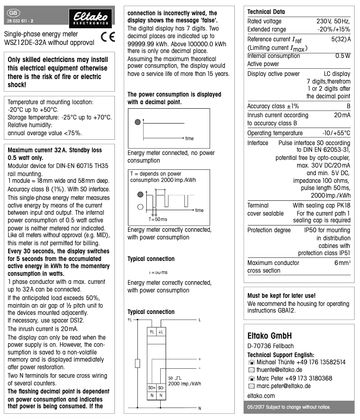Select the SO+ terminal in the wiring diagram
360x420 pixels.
[152, 387]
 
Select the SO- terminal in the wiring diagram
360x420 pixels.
[161, 387]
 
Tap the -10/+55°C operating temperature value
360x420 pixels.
[336, 133]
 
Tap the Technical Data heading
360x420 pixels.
[266, 12]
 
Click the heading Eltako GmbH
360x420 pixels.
[270, 336]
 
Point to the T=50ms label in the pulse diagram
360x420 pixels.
[158, 219]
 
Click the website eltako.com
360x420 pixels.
[261, 396]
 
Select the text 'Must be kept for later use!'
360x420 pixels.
[281, 296]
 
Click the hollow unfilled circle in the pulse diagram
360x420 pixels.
[140, 207]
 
